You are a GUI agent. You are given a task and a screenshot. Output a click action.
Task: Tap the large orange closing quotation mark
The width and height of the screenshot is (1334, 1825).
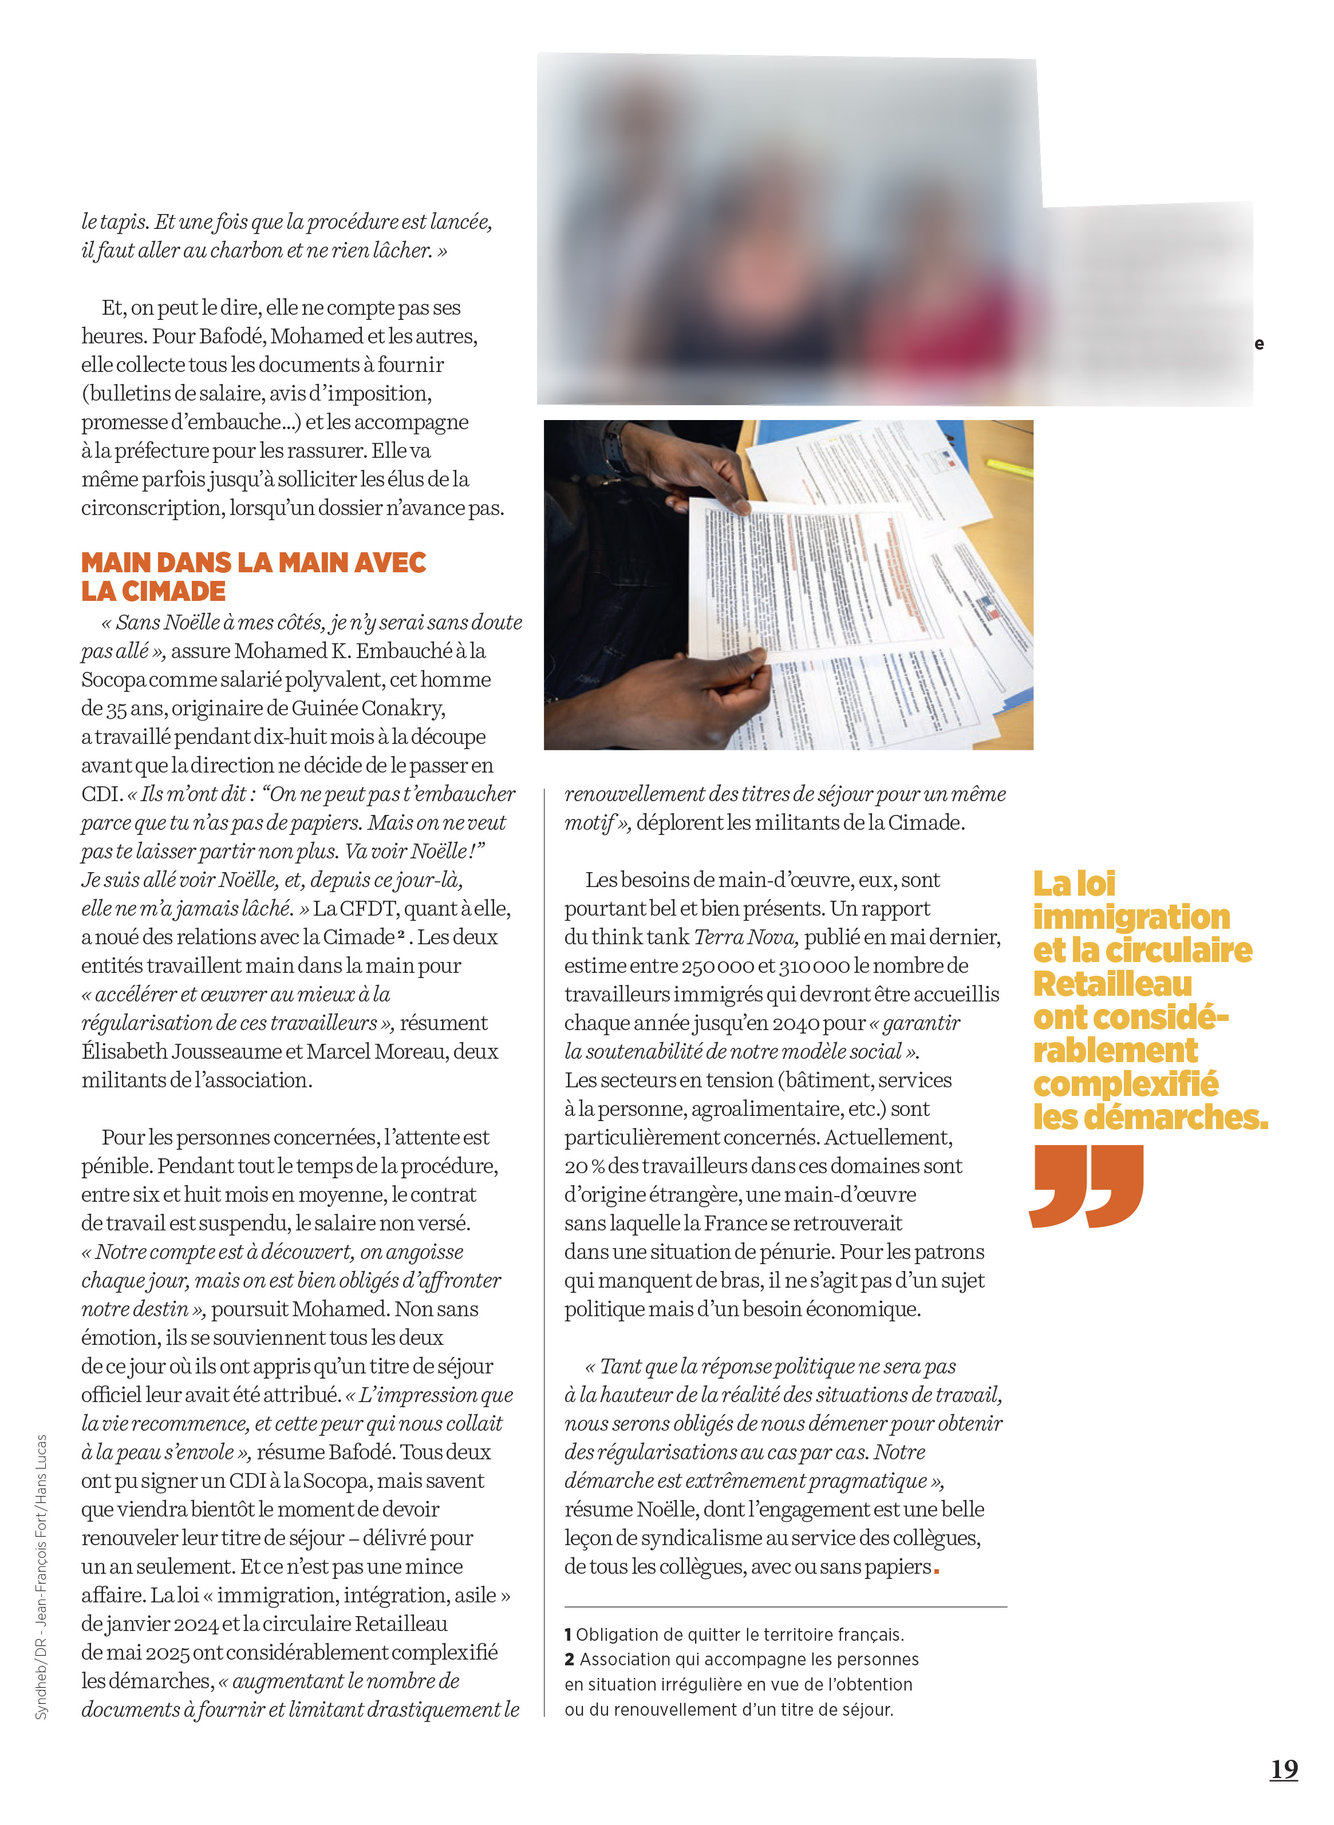pyautogui.click(x=1087, y=1186)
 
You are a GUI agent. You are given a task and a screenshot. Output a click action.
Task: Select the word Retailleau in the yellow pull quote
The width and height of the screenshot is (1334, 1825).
pyautogui.click(x=1112, y=984)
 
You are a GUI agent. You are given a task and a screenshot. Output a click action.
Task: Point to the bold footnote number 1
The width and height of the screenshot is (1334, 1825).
pyautogui.click(x=569, y=1634)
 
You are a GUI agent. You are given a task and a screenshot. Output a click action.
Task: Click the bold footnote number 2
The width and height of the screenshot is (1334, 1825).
pyautogui.click(x=569, y=1660)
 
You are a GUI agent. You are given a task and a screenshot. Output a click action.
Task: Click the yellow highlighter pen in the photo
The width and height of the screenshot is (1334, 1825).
pyautogui.click(x=1009, y=466)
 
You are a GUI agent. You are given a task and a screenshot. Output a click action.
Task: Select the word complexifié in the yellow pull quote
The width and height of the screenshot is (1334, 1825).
pyautogui.click(x=1125, y=1084)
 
